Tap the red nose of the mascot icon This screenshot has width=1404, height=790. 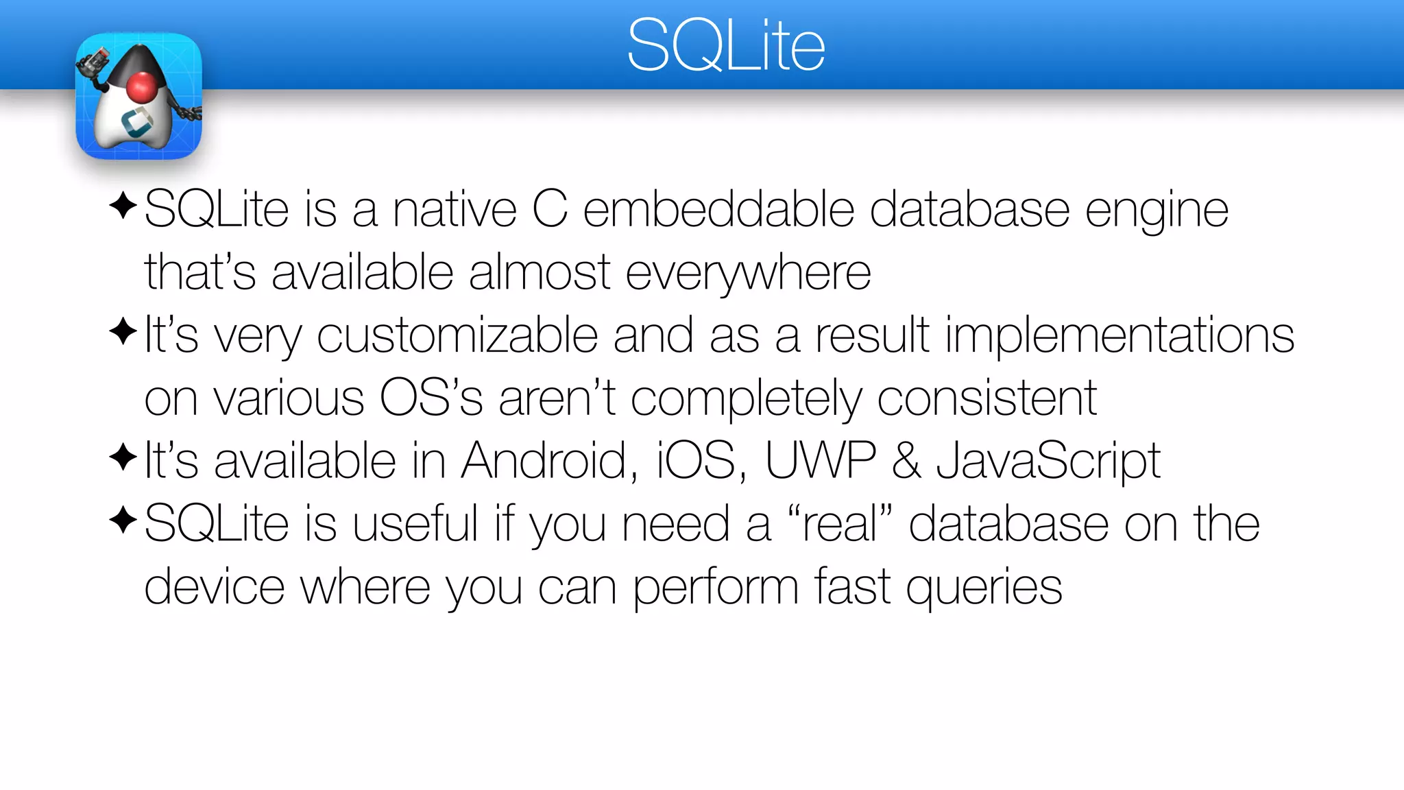142,87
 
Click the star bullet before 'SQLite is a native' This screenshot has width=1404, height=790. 123,206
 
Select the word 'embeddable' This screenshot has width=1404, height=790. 718,209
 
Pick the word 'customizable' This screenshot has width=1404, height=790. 457,336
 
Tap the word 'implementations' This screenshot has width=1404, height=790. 1119,336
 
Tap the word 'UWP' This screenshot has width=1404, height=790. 821,460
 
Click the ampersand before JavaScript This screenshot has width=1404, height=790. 906,460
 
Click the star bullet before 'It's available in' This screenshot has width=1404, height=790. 123,457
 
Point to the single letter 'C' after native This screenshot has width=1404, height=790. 550,209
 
